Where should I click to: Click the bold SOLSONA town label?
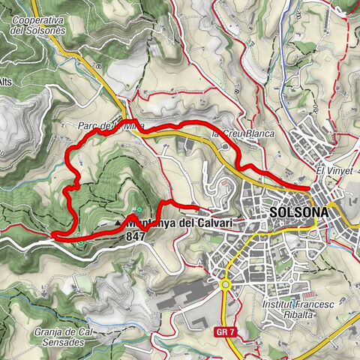(x=298, y=213)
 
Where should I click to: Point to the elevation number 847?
(x=136, y=235)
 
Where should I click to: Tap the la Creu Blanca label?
(x=244, y=134)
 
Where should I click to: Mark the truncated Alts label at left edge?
(x=6, y=81)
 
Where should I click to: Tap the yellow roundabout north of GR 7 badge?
(x=224, y=283)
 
